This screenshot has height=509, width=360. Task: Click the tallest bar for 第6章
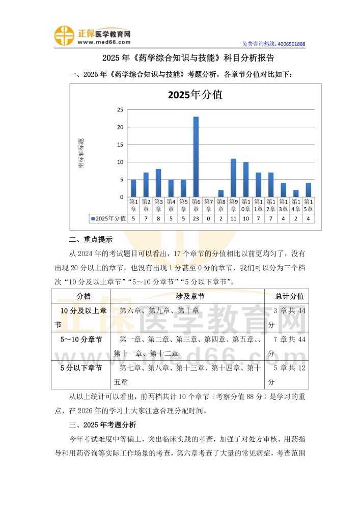tap(196, 157)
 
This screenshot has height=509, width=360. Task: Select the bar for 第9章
tap(233, 178)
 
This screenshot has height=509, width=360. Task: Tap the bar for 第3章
tap(158, 183)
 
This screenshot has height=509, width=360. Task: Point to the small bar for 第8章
tap(221, 193)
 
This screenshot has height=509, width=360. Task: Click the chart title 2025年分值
tap(196, 95)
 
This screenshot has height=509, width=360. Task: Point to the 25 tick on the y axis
tap(120, 109)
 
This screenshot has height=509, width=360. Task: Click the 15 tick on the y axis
tap(120, 145)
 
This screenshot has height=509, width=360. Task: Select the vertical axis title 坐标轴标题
tap(81, 153)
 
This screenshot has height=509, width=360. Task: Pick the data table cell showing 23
tap(196, 218)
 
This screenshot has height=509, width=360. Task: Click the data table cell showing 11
tap(233, 218)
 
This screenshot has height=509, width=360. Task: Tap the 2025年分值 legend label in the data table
tap(108, 218)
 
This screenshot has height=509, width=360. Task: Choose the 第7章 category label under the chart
tap(208, 205)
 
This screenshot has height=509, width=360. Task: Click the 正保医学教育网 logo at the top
tap(93, 35)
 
